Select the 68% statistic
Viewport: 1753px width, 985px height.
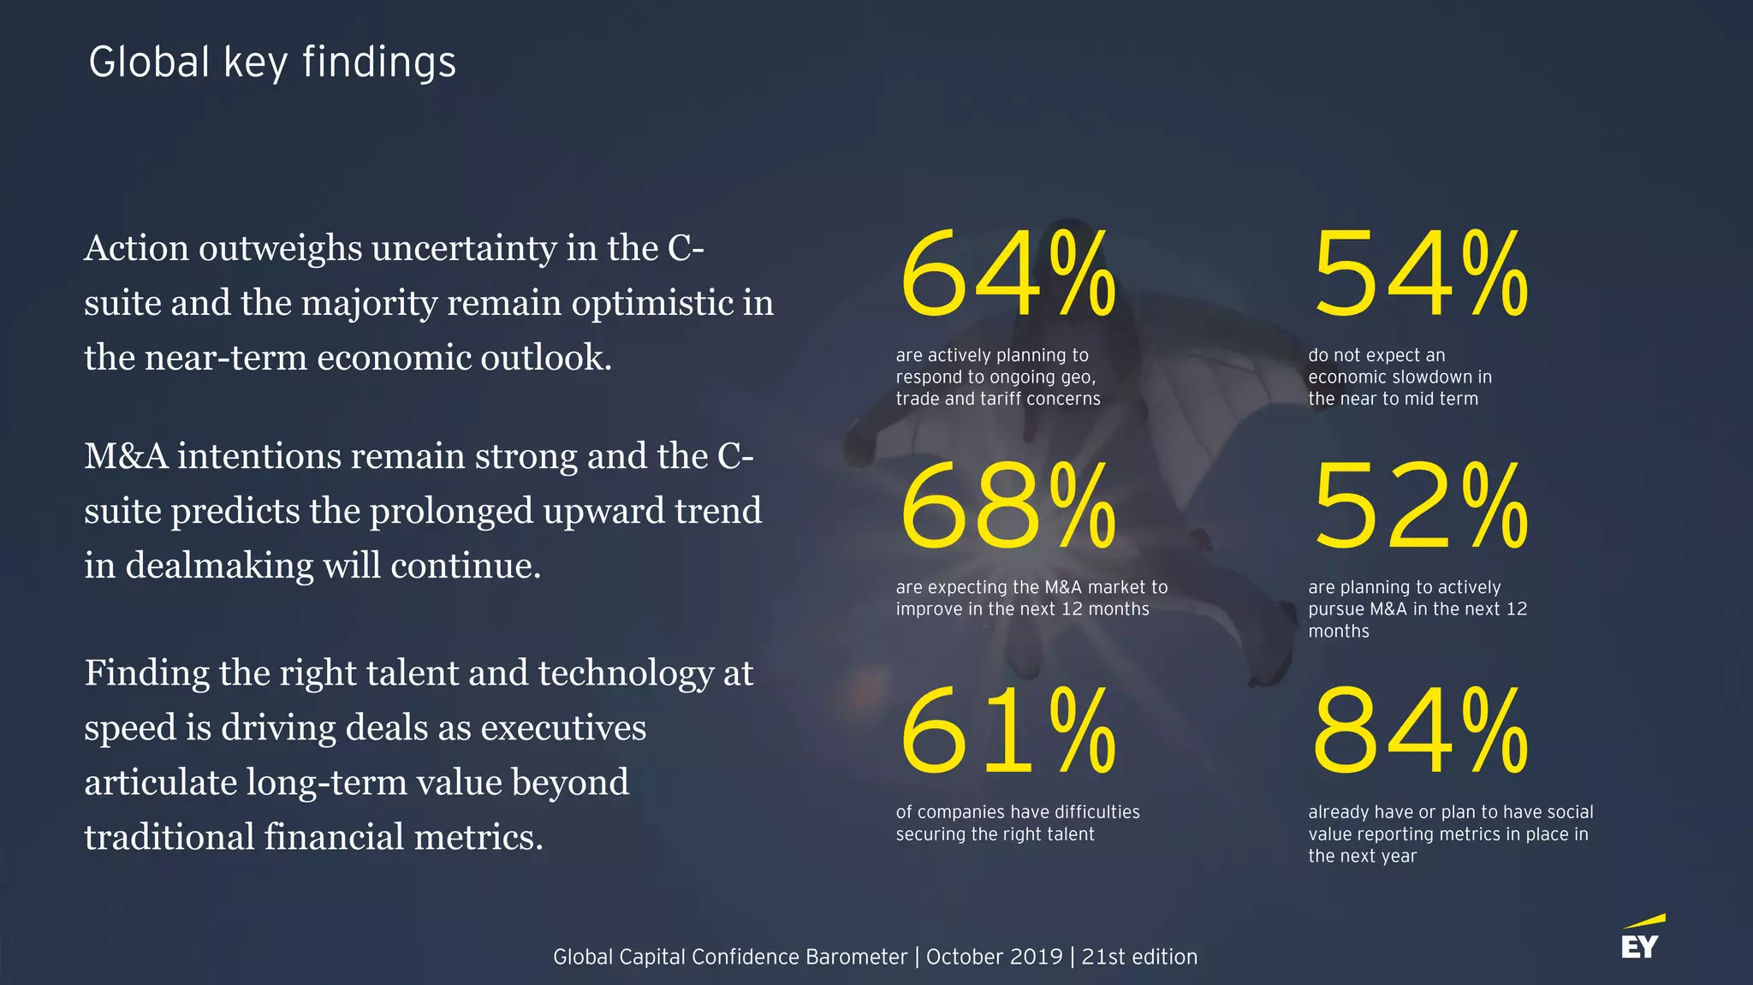(x=1007, y=506)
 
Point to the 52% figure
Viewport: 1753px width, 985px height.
(x=1420, y=506)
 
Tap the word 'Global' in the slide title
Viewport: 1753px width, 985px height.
(x=149, y=62)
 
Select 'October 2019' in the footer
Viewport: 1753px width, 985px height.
(x=994, y=957)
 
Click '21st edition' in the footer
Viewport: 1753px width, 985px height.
(x=1139, y=957)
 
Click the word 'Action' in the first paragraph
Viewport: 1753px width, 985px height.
(x=137, y=248)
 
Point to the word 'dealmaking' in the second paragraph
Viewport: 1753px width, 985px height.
(x=218, y=566)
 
